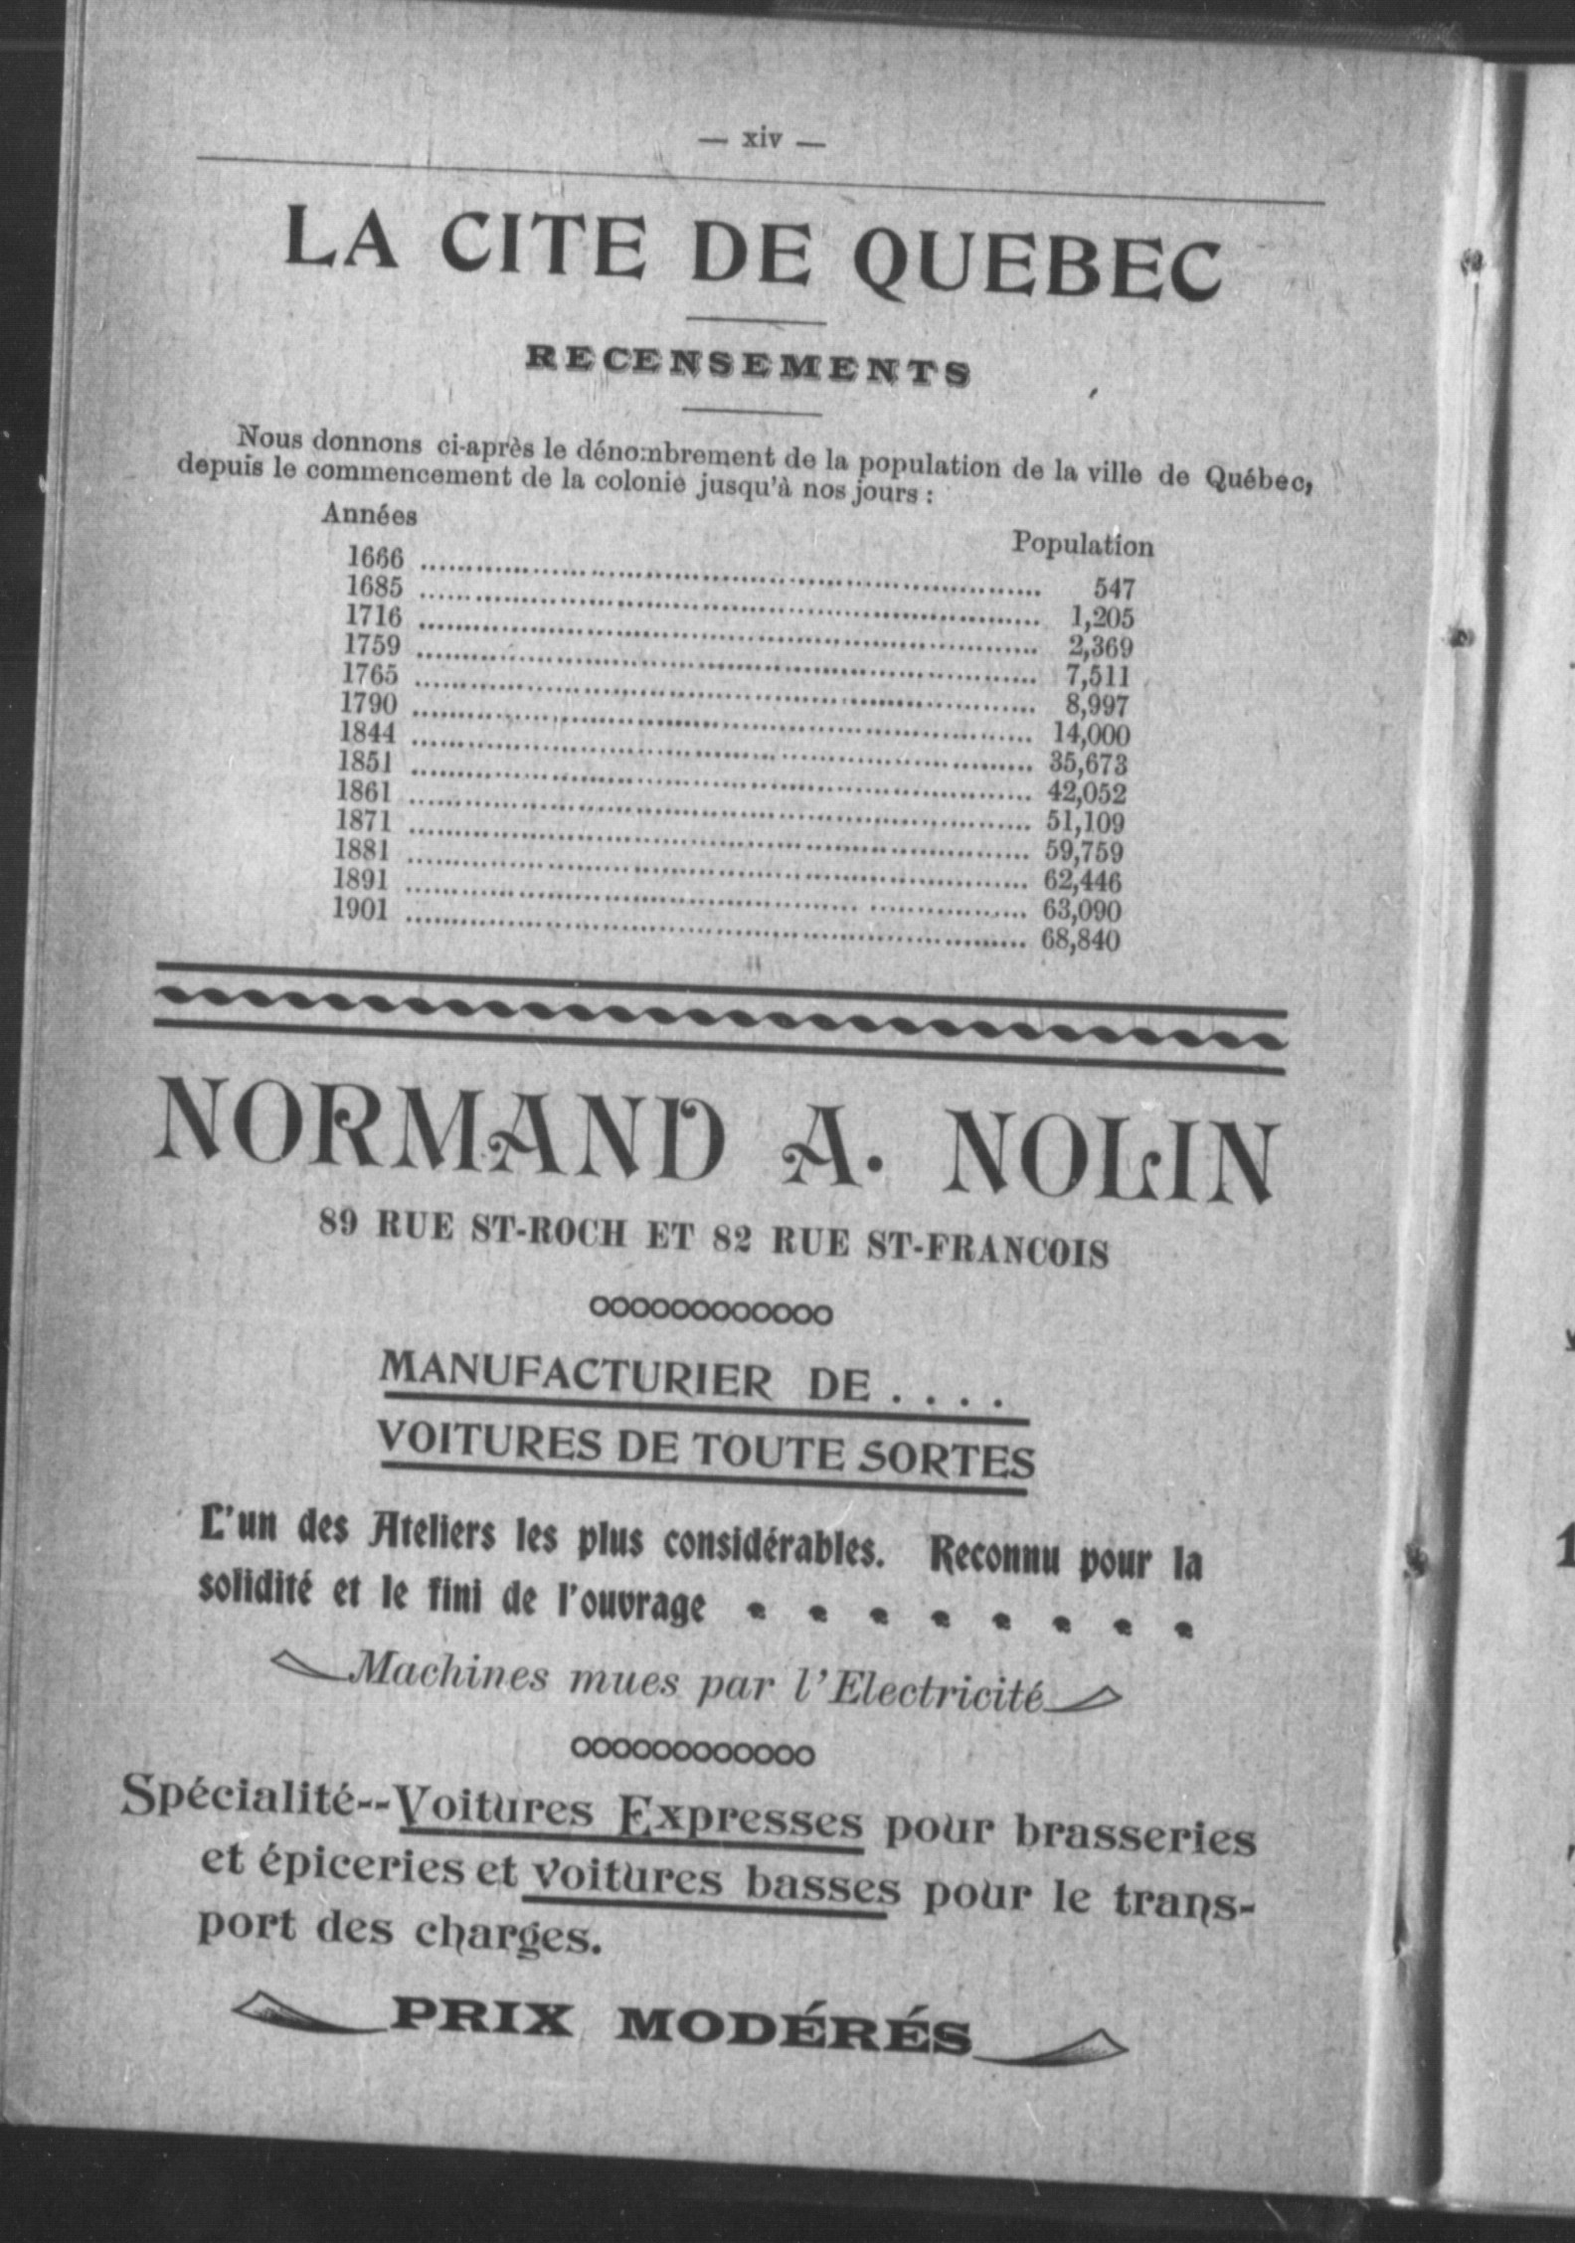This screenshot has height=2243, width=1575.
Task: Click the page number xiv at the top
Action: [762, 139]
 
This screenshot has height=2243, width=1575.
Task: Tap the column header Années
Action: [369, 515]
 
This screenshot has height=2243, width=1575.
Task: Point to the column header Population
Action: [1083, 545]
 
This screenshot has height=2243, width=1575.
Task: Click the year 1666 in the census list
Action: [375, 557]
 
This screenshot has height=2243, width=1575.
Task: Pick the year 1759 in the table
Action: [372, 645]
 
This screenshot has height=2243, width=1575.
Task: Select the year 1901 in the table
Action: [361, 909]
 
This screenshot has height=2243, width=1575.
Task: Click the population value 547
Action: [1114, 589]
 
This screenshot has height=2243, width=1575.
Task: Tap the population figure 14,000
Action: [1091, 735]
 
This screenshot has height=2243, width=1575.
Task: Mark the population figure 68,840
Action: [1081, 940]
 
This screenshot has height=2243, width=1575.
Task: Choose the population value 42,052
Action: [1087, 793]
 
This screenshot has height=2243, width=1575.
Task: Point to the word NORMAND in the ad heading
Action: [440, 1136]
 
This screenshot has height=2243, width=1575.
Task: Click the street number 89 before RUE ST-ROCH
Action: [338, 1223]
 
